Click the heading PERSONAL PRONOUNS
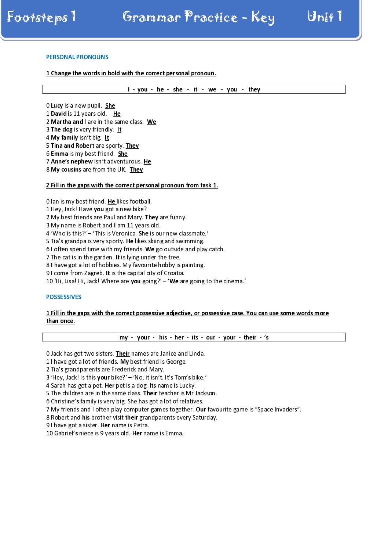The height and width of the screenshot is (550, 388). tap(77, 57)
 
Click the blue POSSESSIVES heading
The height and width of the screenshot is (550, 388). tap(63, 297)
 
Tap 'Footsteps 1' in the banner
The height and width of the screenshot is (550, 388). tap(41, 17)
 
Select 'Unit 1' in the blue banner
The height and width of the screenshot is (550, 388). tap(325, 17)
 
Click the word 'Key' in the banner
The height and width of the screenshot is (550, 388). tap(263, 18)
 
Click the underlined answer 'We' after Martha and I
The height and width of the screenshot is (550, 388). tap(151, 122)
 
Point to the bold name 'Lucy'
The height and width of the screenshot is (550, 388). tap(57, 105)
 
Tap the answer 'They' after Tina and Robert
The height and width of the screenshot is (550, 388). tap(132, 145)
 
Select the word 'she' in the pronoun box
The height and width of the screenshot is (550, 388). tap(177, 89)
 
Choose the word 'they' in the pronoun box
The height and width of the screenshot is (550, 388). tap(254, 89)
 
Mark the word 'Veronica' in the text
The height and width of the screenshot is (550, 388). tap(124, 233)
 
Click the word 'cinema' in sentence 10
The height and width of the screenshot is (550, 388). tap(233, 281)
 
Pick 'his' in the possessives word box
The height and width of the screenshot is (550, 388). tap(163, 337)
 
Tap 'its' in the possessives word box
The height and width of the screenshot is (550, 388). tap(195, 337)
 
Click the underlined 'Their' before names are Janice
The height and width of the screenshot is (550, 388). tap(122, 353)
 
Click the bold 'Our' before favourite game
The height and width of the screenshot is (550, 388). tap(201, 409)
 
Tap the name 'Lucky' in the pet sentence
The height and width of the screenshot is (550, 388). tap(187, 385)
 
